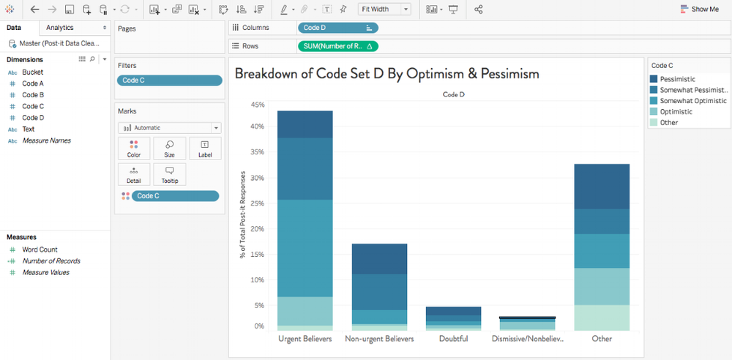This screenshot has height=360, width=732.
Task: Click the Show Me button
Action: [700, 10]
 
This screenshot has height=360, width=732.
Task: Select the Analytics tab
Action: [60, 28]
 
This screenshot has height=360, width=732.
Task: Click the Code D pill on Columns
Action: [337, 28]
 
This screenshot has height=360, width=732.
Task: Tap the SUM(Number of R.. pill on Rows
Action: [337, 46]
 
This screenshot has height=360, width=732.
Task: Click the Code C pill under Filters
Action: [169, 80]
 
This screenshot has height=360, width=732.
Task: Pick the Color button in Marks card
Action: [134, 149]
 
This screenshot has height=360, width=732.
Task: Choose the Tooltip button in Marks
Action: [169, 174]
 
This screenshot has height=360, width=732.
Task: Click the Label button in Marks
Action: [205, 149]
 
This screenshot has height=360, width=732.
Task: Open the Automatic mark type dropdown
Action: [169, 128]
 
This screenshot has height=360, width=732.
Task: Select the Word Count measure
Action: [40, 250]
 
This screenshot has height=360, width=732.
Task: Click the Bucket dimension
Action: [33, 72]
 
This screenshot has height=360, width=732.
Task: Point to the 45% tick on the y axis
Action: [258, 105]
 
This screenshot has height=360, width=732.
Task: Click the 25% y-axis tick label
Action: [258, 203]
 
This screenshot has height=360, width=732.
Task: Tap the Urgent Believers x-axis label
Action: [305, 339]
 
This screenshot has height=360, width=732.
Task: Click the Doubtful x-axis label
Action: [454, 339]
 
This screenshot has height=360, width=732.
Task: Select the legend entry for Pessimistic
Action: [677, 79]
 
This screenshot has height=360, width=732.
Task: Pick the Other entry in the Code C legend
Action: [668, 123]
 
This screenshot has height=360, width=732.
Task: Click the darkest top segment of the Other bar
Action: [602, 187]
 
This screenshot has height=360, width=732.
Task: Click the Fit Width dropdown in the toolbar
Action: [385, 10]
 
